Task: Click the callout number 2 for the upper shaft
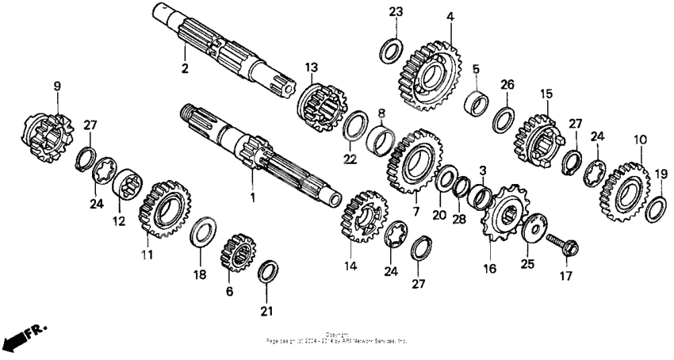[185, 69]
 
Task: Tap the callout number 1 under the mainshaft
[253, 196]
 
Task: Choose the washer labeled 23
[390, 50]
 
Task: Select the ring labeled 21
[268, 271]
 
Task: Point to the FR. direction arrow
[24, 335]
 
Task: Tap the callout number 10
[640, 140]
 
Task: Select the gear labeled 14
[362, 216]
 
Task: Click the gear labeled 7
[413, 161]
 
